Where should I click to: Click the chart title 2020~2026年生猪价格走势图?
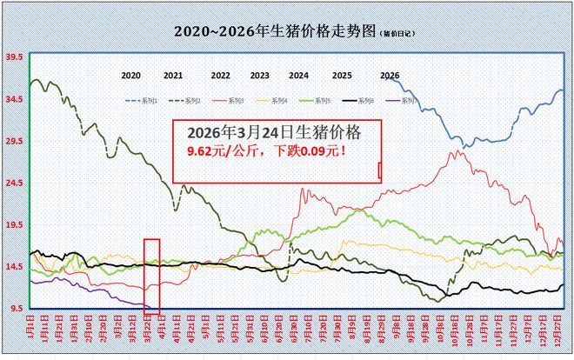tap(276, 31)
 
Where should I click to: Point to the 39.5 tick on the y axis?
tap(14, 57)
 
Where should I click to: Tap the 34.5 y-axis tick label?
tap(14, 99)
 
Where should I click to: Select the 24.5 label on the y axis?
tap(14, 183)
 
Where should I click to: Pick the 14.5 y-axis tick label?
tap(14, 267)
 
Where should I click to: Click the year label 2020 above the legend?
tap(131, 76)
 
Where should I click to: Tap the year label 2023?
tap(259, 76)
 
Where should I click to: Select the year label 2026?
tap(390, 76)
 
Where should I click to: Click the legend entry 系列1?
tap(145, 101)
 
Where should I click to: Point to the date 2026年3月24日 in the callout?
tap(242, 133)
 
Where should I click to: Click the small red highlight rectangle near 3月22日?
tap(151, 275)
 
